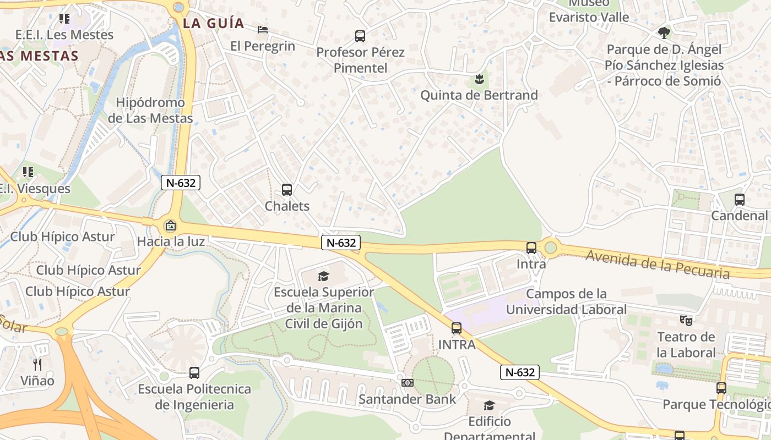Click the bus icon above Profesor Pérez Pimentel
point(360,36)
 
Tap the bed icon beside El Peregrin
point(263,29)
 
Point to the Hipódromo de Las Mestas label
point(150,111)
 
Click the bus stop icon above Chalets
point(287,190)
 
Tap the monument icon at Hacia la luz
point(171,226)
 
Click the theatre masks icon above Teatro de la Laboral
point(686,320)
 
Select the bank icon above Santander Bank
point(407,382)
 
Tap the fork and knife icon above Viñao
point(37,364)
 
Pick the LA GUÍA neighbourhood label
point(213,23)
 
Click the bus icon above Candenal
point(739,199)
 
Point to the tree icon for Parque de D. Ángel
point(664,33)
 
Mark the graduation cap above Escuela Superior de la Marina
point(323,276)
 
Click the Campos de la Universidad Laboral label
point(566,301)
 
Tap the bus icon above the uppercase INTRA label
point(457,328)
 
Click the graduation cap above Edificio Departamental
point(489,406)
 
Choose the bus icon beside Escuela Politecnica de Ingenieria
point(194,372)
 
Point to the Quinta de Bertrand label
point(479,95)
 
